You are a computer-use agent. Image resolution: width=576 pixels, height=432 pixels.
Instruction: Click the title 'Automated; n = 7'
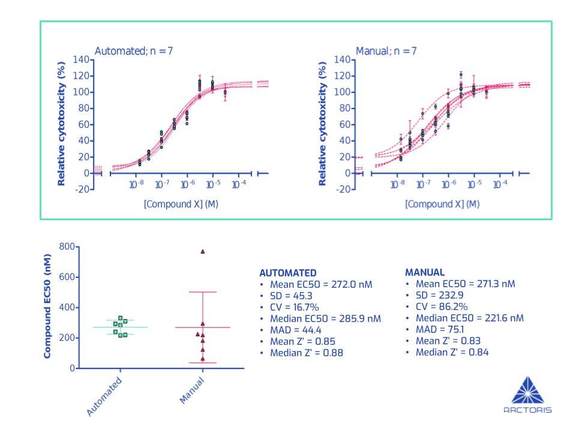[x=134, y=51]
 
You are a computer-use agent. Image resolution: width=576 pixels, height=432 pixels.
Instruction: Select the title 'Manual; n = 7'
[x=386, y=51]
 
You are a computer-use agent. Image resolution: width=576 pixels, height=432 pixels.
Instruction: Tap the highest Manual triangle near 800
[x=203, y=251]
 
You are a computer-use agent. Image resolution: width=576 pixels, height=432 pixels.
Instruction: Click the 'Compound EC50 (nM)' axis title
[x=47, y=307]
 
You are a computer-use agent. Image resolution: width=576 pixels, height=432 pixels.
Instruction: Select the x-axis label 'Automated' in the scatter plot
[x=105, y=396]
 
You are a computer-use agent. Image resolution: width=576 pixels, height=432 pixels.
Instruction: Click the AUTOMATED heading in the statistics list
[x=288, y=273]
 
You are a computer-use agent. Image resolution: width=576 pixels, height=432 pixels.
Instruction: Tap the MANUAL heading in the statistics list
[x=425, y=272]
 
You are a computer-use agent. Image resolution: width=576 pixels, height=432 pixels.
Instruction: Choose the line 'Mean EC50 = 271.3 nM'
[x=465, y=284]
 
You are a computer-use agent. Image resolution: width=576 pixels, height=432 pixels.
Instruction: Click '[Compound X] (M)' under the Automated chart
[x=181, y=204]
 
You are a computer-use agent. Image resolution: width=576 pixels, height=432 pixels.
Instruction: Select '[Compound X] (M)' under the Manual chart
[x=442, y=204]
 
